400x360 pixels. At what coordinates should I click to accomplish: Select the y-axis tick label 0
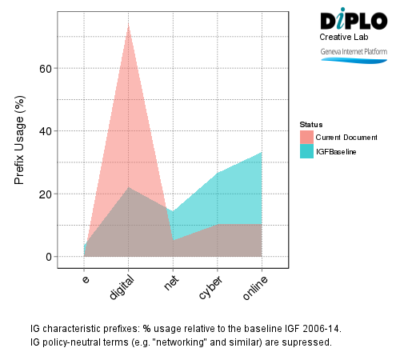[x=49, y=257]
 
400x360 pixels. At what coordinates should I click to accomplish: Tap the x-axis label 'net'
[x=170, y=282]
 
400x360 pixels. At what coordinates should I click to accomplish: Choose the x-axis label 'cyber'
[x=211, y=287]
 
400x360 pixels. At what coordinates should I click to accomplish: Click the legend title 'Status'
[x=310, y=125]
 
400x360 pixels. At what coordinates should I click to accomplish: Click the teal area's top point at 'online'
[x=262, y=152]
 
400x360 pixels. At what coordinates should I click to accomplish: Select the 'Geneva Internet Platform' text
[x=353, y=51]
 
